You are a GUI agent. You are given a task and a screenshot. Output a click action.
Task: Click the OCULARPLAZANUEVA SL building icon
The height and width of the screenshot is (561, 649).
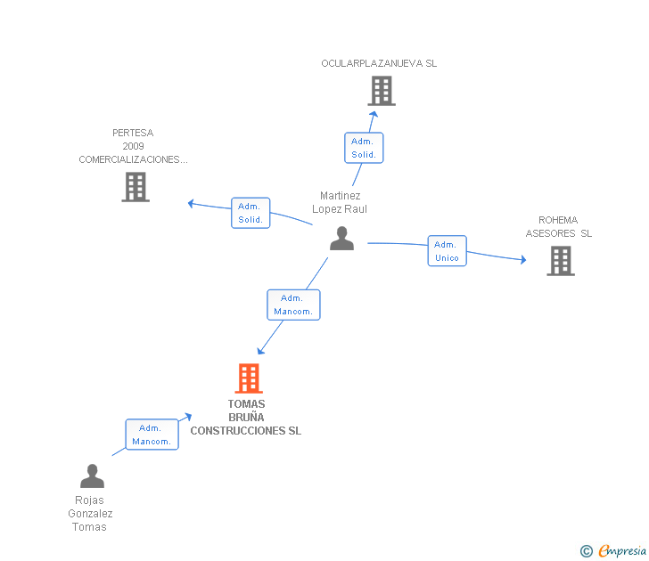point(382,91)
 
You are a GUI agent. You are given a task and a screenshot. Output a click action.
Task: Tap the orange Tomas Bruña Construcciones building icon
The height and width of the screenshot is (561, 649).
point(249,378)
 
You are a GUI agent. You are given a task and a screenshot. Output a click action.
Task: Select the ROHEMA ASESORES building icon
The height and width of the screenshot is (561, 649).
point(560,261)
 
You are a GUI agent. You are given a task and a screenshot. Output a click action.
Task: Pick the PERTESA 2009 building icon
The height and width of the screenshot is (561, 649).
point(136,187)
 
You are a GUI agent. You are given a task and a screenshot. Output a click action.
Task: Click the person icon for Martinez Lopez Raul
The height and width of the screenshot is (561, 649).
point(341,239)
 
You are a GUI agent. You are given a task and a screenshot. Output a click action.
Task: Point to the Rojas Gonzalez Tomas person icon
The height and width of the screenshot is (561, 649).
point(92,476)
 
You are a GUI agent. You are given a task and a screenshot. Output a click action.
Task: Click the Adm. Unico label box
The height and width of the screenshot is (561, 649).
point(447,251)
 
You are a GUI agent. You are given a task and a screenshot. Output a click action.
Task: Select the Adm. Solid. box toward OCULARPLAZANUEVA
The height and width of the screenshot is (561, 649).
point(364,148)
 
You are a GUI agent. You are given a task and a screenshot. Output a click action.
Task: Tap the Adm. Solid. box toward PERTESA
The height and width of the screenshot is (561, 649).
point(251,213)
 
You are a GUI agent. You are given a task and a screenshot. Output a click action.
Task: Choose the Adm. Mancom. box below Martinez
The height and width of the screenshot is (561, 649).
point(293,305)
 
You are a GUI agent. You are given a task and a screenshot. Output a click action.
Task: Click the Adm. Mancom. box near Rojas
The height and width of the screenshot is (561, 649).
point(152,435)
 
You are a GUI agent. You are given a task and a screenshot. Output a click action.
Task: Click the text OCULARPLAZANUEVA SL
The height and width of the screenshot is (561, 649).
point(379,64)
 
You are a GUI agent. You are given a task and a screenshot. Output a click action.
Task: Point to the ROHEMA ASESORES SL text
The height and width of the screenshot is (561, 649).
point(558,227)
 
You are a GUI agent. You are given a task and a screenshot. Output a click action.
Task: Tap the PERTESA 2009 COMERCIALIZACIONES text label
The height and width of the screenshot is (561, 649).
point(133,147)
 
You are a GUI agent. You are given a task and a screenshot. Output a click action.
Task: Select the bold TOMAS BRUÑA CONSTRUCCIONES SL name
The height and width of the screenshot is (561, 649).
point(246,418)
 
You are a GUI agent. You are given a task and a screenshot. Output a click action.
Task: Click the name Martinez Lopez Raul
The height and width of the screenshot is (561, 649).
point(340,202)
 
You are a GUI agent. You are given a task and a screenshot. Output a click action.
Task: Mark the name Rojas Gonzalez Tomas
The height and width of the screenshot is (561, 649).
point(90,514)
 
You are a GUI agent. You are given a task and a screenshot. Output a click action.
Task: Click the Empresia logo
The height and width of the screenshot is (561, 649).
point(621,551)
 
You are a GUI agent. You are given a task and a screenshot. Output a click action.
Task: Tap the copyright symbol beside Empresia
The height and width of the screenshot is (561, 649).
point(587,551)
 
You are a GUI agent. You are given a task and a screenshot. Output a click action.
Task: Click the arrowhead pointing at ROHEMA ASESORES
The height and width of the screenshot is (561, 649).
point(522,260)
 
